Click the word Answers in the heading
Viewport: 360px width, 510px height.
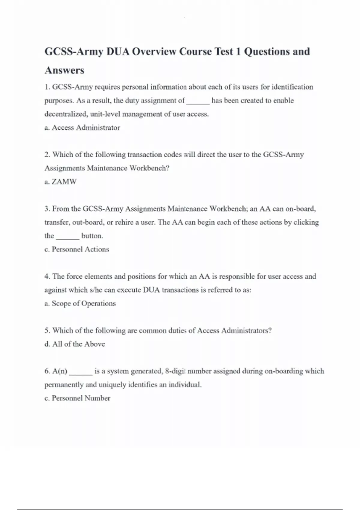coord(64,70)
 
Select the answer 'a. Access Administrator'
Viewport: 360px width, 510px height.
coord(82,127)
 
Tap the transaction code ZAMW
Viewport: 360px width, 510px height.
coord(64,181)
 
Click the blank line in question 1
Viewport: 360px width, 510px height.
coord(198,101)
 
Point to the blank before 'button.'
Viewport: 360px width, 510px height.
coord(68,237)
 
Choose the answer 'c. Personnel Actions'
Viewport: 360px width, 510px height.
coord(77,249)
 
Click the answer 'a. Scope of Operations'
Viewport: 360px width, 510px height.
coord(80,303)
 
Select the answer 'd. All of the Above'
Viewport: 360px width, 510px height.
coord(75,344)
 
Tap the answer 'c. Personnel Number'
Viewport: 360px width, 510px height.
coord(77,398)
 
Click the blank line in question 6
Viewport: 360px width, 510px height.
coord(81,372)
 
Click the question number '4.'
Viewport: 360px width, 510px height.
coord(47,276)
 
